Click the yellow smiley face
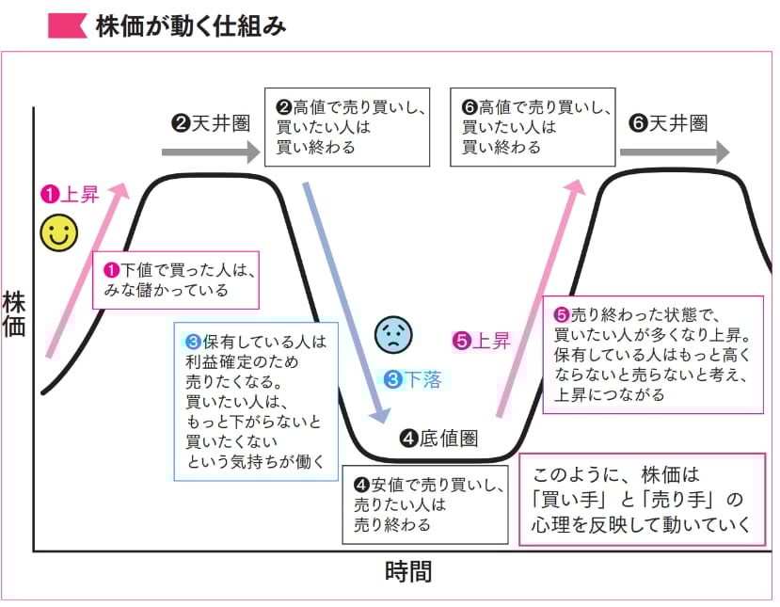(x=58, y=232)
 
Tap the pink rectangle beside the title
(x=66, y=25)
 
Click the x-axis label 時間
(x=408, y=571)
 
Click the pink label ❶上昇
(x=69, y=195)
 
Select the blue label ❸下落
(x=413, y=379)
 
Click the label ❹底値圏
(x=439, y=438)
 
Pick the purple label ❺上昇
(x=482, y=341)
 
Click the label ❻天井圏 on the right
(x=667, y=122)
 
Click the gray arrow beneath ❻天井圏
(x=674, y=151)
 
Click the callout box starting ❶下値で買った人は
(x=176, y=280)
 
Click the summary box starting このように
(x=642, y=500)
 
